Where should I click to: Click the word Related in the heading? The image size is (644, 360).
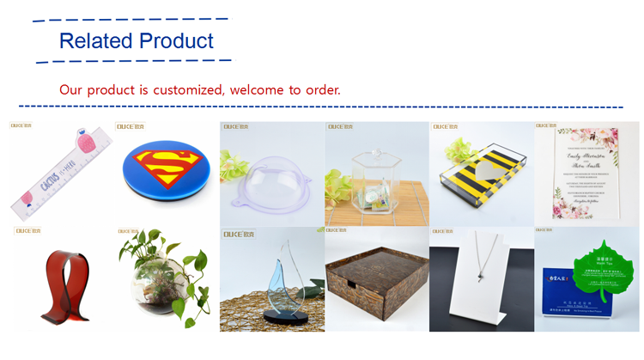pyautogui.click(x=95, y=40)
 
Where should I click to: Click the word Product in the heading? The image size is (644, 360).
pyautogui.click(x=176, y=40)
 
